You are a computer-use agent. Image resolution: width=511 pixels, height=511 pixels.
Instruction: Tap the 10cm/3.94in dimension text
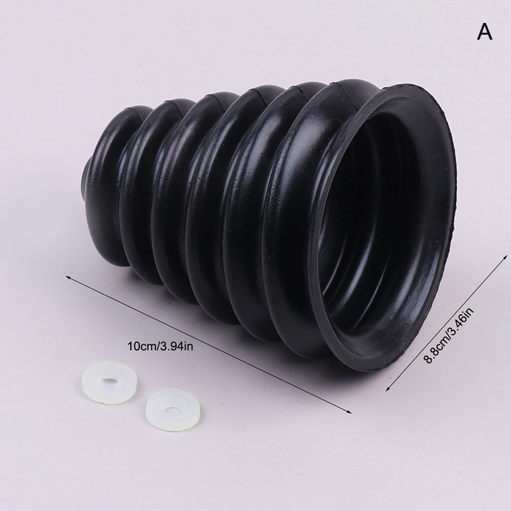160,346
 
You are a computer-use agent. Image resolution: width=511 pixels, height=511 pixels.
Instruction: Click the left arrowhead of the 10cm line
68,277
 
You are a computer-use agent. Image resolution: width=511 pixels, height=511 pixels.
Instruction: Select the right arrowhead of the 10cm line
349,412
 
